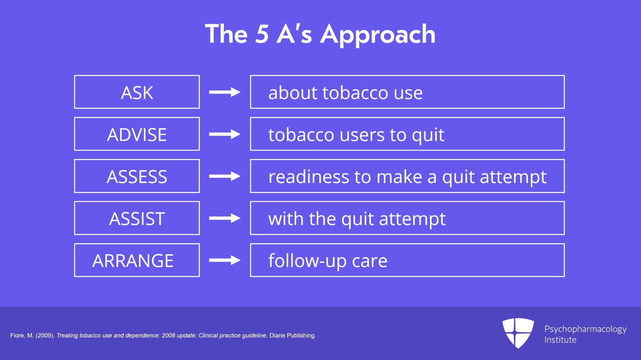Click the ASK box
[137, 92]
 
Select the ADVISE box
[137, 134]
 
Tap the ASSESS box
[137, 176]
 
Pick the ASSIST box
[137, 218]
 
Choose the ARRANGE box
[137, 260]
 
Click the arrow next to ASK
[224, 93]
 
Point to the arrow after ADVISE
[224, 135]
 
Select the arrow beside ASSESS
[224, 176]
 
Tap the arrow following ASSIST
[224, 218]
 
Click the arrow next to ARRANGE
[224, 260]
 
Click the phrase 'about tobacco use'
[345, 93]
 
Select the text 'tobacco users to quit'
[356, 135]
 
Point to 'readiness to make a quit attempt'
[407, 177]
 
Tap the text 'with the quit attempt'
[357, 219]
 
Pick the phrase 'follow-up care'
[328, 261]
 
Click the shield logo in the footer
[518, 333]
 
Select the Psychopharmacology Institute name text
[585, 334]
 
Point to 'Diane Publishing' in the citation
[292, 336]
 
